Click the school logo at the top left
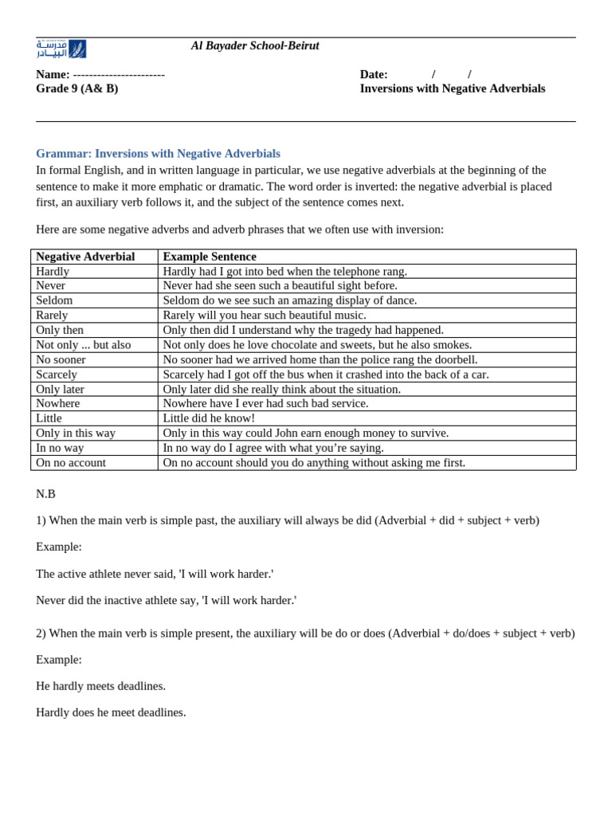click(x=61, y=49)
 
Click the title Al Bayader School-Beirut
click(x=255, y=46)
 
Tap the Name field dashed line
click(x=119, y=75)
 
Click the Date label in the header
click(x=374, y=74)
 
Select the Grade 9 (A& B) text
click(x=76, y=88)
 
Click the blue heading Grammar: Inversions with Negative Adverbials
click(x=158, y=153)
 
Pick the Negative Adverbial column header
click(x=85, y=257)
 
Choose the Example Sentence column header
click(x=210, y=257)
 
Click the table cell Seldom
click(x=54, y=300)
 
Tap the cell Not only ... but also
click(x=84, y=344)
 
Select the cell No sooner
click(x=61, y=359)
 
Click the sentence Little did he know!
click(x=209, y=418)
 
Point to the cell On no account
click(x=71, y=462)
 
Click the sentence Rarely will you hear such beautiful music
click(x=265, y=315)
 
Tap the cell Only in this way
click(x=76, y=433)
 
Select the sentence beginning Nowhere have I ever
click(x=265, y=403)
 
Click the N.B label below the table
click(x=45, y=494)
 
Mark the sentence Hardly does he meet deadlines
click(x=111, y=712)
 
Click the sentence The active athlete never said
click(x=155, y=574)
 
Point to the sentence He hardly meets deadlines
click(x=101, y=686)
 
